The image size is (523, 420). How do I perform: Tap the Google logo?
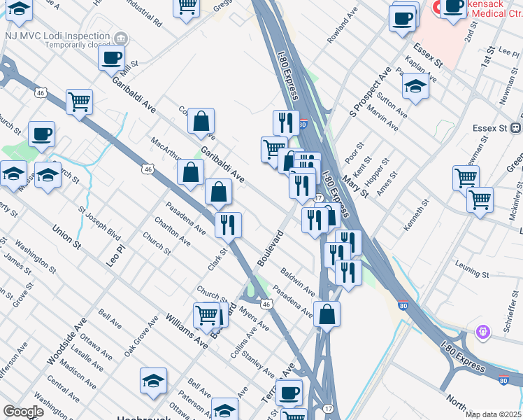click(x=22, y=412)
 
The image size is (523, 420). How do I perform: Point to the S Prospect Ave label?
click(x=370, y=93)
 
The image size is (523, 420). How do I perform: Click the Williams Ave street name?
click(x=187, y=331)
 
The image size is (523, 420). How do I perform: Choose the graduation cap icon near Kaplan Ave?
click(x=415, y=86)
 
